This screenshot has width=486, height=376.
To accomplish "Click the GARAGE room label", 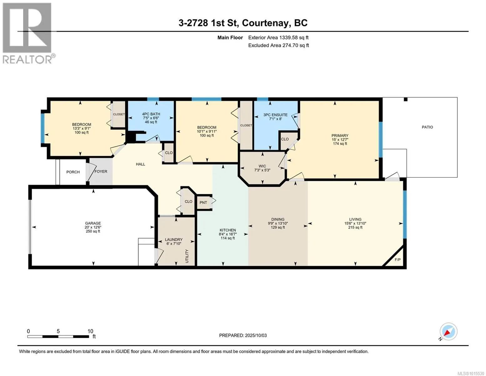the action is coord(93,223).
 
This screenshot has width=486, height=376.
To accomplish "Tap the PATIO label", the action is coord(427,127).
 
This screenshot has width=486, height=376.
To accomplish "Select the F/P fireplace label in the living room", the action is coord(397,260).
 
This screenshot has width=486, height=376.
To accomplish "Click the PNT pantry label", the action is coord(203,202).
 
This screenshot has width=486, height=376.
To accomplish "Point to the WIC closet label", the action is coord(262,166).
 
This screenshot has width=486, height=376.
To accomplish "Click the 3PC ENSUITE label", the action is coord(275,115).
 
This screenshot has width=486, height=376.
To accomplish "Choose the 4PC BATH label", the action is coord(151,114).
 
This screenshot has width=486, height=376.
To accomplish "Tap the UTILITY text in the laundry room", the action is coord(187,256).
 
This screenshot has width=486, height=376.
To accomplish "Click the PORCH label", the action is coord(73,172).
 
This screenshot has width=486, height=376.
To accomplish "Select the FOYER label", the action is coord(101,171).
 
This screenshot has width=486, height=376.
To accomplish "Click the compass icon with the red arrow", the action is coord(448,332).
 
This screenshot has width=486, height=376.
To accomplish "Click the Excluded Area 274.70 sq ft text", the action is coord(279,45).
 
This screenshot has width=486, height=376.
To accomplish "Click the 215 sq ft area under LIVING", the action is coord(355,227).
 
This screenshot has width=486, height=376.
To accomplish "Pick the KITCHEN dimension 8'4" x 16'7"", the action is coord(228,234).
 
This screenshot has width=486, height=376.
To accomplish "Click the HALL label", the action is coord(141,164).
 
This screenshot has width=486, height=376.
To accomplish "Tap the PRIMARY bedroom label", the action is coord(340,135).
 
